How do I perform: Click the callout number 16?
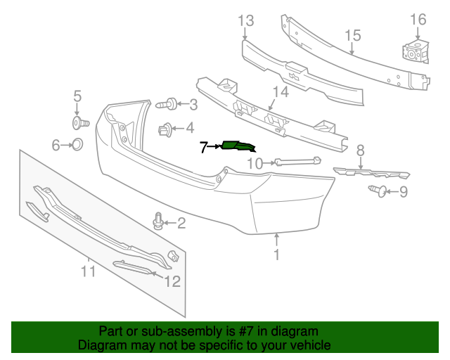coord(418,20)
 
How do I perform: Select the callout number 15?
coord(352,36)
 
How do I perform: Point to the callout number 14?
coord(281,92)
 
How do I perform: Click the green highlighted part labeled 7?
coord(238,146)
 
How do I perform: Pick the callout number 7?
coord(204,147)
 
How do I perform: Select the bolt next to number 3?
coord(166,105)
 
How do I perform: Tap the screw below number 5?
coord(79,124)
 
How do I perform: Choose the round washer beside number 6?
coord(77,145)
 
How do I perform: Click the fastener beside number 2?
coord(159,223)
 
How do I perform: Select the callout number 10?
coord(254,164)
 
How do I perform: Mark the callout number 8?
coord(360,150)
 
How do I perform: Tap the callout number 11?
coord(87,270)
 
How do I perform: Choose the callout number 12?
coord(172,281)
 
